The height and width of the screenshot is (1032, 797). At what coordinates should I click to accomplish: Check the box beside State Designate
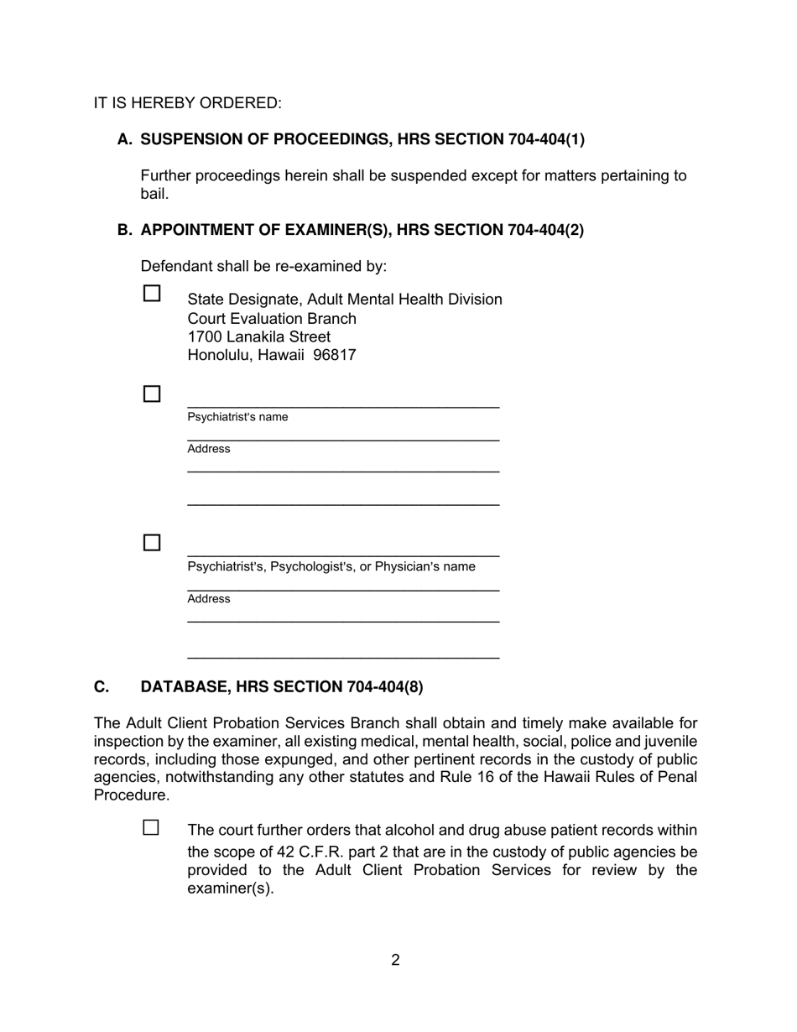(x=152, y=294)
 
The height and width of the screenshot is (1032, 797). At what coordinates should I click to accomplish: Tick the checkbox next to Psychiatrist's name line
(x=152, y=394)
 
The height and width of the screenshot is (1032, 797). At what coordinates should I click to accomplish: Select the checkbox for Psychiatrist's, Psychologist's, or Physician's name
(x=152, y=543)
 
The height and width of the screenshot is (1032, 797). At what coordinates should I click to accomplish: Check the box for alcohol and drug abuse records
(x=151, y=827)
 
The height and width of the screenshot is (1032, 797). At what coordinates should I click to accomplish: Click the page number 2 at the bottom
(x=395, y=960)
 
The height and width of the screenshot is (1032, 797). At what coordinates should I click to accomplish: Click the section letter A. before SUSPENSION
(x=125, y=139)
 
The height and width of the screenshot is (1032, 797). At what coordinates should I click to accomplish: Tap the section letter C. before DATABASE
(x=102, y=687)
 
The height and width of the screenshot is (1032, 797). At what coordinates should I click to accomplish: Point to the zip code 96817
(x=335, y=355)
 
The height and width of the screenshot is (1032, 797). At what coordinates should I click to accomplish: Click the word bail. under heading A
(x=154, y=194)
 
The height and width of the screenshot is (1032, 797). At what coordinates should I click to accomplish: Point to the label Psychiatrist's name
(x=237, y=417)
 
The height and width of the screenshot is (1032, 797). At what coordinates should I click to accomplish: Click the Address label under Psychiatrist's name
(x=209, y=449)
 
